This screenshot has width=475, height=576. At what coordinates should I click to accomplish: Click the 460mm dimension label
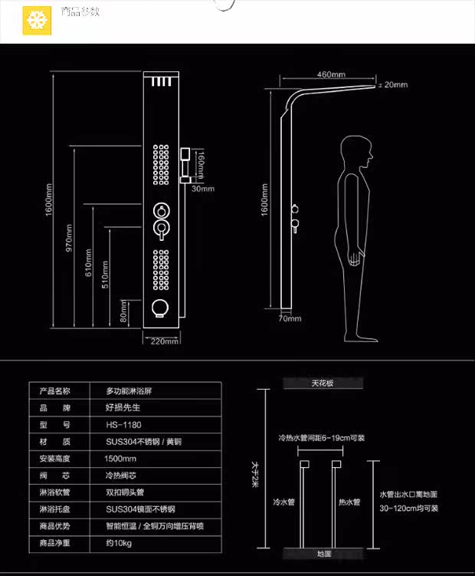[331, 74]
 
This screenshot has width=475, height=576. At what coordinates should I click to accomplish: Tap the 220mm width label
[165, 341]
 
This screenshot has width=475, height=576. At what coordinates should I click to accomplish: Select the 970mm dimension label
[68, 238]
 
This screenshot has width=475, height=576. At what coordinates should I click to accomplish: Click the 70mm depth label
[290, 318]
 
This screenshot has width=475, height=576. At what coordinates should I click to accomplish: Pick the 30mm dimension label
[204, 188]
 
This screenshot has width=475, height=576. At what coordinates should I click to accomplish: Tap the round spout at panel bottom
[161, 308]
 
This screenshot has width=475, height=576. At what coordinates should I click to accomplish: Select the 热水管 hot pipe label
[349, 502]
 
